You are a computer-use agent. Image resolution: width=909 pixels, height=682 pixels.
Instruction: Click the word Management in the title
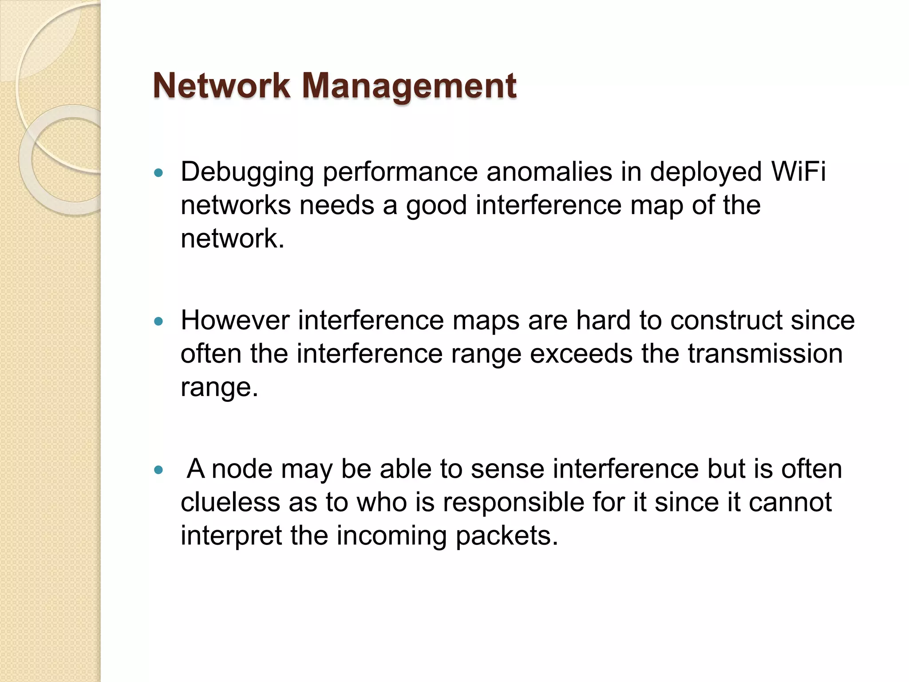coord(409,86)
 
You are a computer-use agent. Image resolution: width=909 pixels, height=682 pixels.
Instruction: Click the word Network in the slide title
coord(221,86)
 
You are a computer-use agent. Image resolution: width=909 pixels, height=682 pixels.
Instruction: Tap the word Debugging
coord(247,172)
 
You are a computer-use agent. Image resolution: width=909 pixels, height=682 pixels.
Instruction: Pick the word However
coord(235,320)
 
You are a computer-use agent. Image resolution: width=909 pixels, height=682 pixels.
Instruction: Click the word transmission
coord(765,353)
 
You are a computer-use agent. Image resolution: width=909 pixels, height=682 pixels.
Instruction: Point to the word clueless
coord(230,502)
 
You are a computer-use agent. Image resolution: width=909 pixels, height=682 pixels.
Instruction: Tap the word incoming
coord(391,536)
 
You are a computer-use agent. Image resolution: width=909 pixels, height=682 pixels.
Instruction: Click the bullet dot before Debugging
coord(158,173)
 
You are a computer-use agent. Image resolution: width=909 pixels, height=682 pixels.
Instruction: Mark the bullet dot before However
coord(158,321)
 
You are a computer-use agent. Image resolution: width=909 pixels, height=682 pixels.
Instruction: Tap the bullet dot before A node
coord(158,469)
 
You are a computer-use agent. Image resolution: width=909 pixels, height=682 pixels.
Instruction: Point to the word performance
coord(400,172)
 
